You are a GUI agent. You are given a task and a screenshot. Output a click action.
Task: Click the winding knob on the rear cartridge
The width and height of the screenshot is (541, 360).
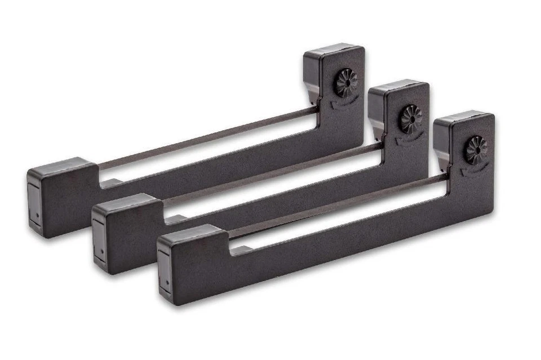[x=346, y=82]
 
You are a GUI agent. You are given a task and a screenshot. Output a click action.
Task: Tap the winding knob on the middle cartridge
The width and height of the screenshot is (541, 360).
[x=411, y=118]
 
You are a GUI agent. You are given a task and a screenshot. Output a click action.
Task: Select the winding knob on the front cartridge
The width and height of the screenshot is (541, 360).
[x=476, y=150]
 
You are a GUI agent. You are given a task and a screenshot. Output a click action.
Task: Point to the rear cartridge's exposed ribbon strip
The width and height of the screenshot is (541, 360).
[x=209, y=136]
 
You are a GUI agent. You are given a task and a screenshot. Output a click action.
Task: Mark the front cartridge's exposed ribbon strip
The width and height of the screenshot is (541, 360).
[x=338, y=205]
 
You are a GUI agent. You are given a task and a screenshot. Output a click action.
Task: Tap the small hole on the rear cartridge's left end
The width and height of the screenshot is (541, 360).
[x=37, y=214]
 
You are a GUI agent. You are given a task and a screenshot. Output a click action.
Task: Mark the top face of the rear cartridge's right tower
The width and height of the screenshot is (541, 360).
[x=332, y=49]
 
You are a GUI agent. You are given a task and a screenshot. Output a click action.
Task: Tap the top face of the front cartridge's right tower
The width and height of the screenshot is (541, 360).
[x=463, y=117]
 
